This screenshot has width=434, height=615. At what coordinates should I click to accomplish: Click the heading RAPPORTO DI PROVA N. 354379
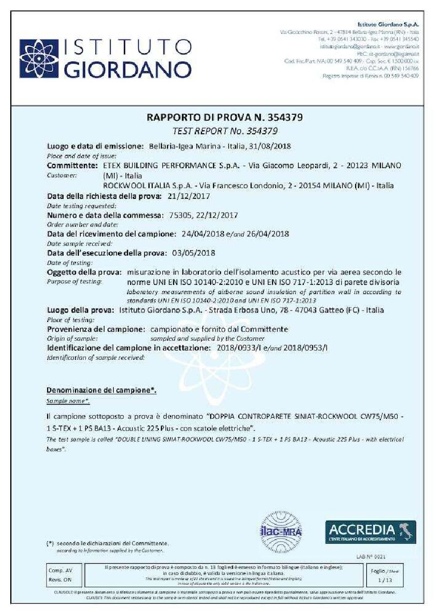[224, 117]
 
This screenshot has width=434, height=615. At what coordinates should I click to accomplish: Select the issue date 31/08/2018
[270, 146]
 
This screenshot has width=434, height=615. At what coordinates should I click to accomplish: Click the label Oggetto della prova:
[84, 272]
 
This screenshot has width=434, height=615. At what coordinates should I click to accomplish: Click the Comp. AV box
[58, 569]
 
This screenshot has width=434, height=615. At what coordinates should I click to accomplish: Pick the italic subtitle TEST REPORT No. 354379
[225, 131]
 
